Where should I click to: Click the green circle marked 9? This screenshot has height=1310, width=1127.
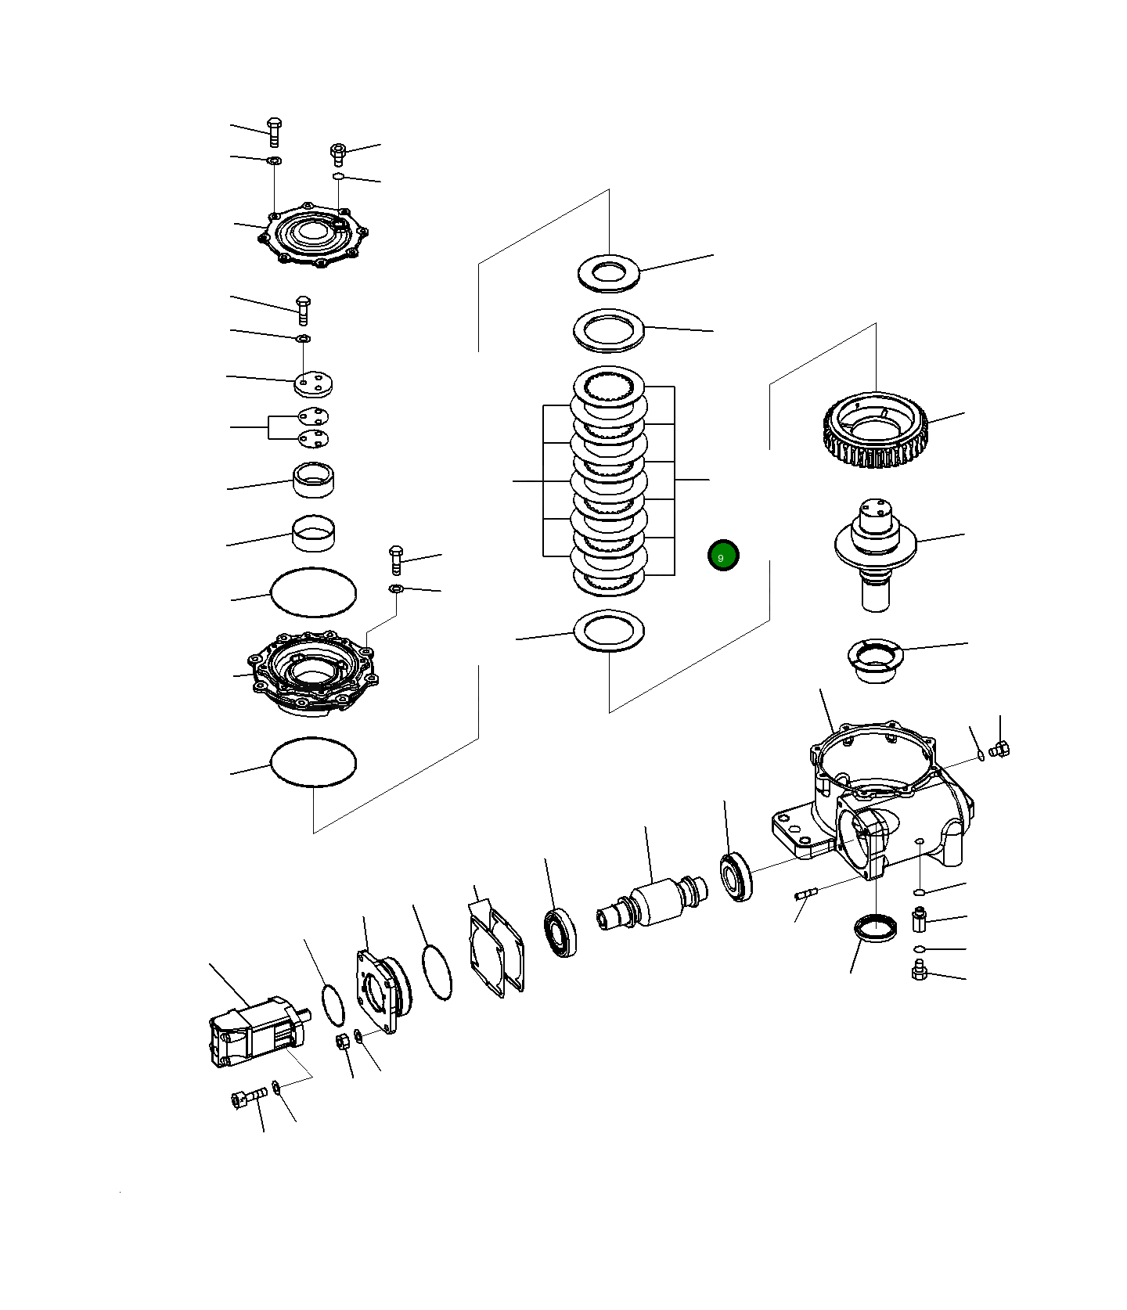722,556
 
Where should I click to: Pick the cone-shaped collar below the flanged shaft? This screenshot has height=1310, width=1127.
875,659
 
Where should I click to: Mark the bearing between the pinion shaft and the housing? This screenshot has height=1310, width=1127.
736,877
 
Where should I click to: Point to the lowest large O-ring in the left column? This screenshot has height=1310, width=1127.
313,761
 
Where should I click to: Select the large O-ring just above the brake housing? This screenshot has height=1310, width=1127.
313,592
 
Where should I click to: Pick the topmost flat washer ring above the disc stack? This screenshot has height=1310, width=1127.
609,273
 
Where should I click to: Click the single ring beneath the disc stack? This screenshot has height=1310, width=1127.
609,630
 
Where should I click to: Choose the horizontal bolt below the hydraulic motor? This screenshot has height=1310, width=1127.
249,1098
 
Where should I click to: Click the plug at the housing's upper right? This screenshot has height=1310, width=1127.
999,749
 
